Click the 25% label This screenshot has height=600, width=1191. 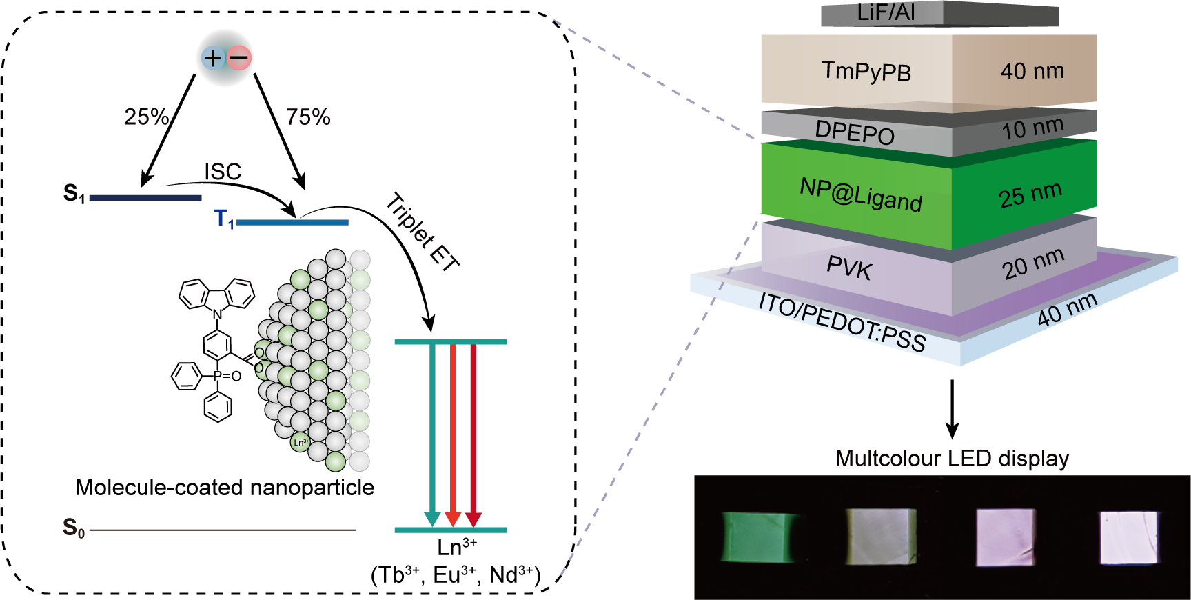pyautogui.click(x=146, y=117)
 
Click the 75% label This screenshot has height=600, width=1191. pyautogui.click(x=308, y=117)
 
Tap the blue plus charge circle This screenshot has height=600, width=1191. pyautogui.click(x=213, y=58)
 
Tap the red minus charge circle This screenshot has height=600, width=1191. pyautogui.click(x=239, y=58)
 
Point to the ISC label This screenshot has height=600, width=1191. pyautogui.click(x=222, y=172)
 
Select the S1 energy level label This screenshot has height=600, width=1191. pyautogui.click(x=74, y=194)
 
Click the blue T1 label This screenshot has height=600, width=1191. pyautogui.click(x=224, y=219)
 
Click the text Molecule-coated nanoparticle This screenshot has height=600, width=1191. pyautogui.click(x=224, y=488)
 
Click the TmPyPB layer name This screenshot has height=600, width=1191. pyautogui.click(x=866, y=71)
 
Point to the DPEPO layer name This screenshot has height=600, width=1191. pyautogui.click(x=855, y=132)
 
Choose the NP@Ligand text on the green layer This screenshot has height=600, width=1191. pyautogui.click(x=861, y=194)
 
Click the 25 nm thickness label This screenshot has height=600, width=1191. pyautogui.click(x=1030, y=194)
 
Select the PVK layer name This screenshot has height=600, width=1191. pyautogui.click(x=849, y=268)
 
